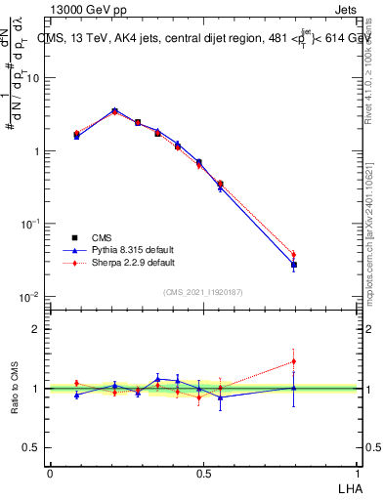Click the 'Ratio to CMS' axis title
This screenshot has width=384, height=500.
click(15, 389)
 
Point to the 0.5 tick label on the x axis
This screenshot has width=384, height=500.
click(203, 472)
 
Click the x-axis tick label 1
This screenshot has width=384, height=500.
click(359, 472)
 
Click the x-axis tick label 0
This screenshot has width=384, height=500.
click(50, 472)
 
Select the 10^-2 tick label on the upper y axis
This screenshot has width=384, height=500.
click(30, 296)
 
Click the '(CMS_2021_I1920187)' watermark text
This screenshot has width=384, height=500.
click(203, 291)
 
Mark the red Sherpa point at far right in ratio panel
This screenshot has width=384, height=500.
click(293, 361)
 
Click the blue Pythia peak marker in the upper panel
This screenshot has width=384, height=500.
click(115, 110)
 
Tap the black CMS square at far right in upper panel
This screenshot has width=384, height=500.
click(293, 265)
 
